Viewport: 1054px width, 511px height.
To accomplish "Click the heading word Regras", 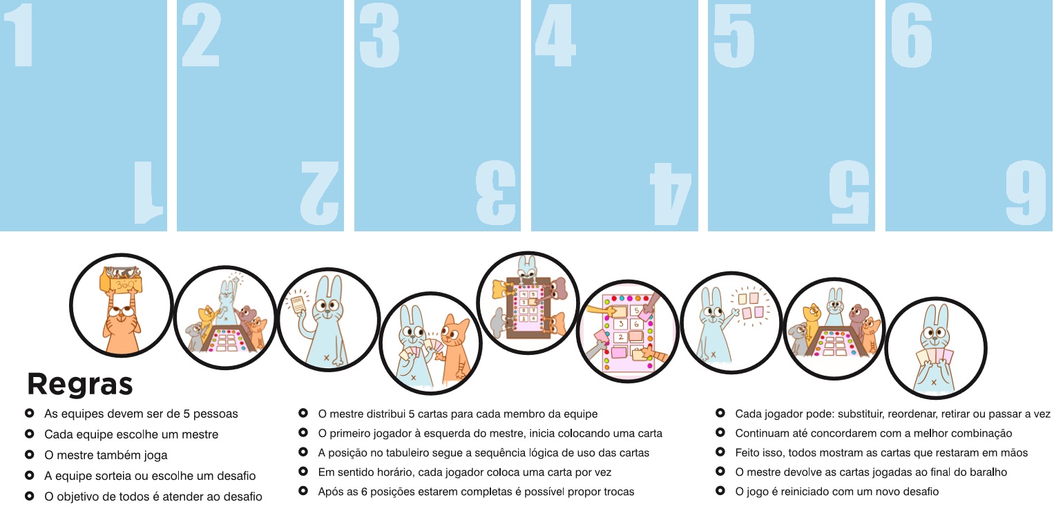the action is coord(80,385).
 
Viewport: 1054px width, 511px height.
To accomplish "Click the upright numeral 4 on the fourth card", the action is coord(556,35).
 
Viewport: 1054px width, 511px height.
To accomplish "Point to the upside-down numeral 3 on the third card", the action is coord(495,192).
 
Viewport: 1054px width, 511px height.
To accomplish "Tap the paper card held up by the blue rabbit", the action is coord(298,305).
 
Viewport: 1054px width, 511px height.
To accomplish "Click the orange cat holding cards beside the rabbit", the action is coord(454,347).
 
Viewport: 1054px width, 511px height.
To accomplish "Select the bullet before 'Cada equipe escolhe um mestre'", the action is coord(30,434).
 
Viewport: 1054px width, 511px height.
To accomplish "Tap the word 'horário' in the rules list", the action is coord(392,472).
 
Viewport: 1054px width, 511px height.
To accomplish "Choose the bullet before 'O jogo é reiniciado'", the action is coord(720,491).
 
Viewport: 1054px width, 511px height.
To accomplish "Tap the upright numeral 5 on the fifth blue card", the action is coord(734,35).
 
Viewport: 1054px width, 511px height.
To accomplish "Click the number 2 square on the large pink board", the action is coord(621,338).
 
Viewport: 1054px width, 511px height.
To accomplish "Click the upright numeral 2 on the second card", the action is coord(202,35).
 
